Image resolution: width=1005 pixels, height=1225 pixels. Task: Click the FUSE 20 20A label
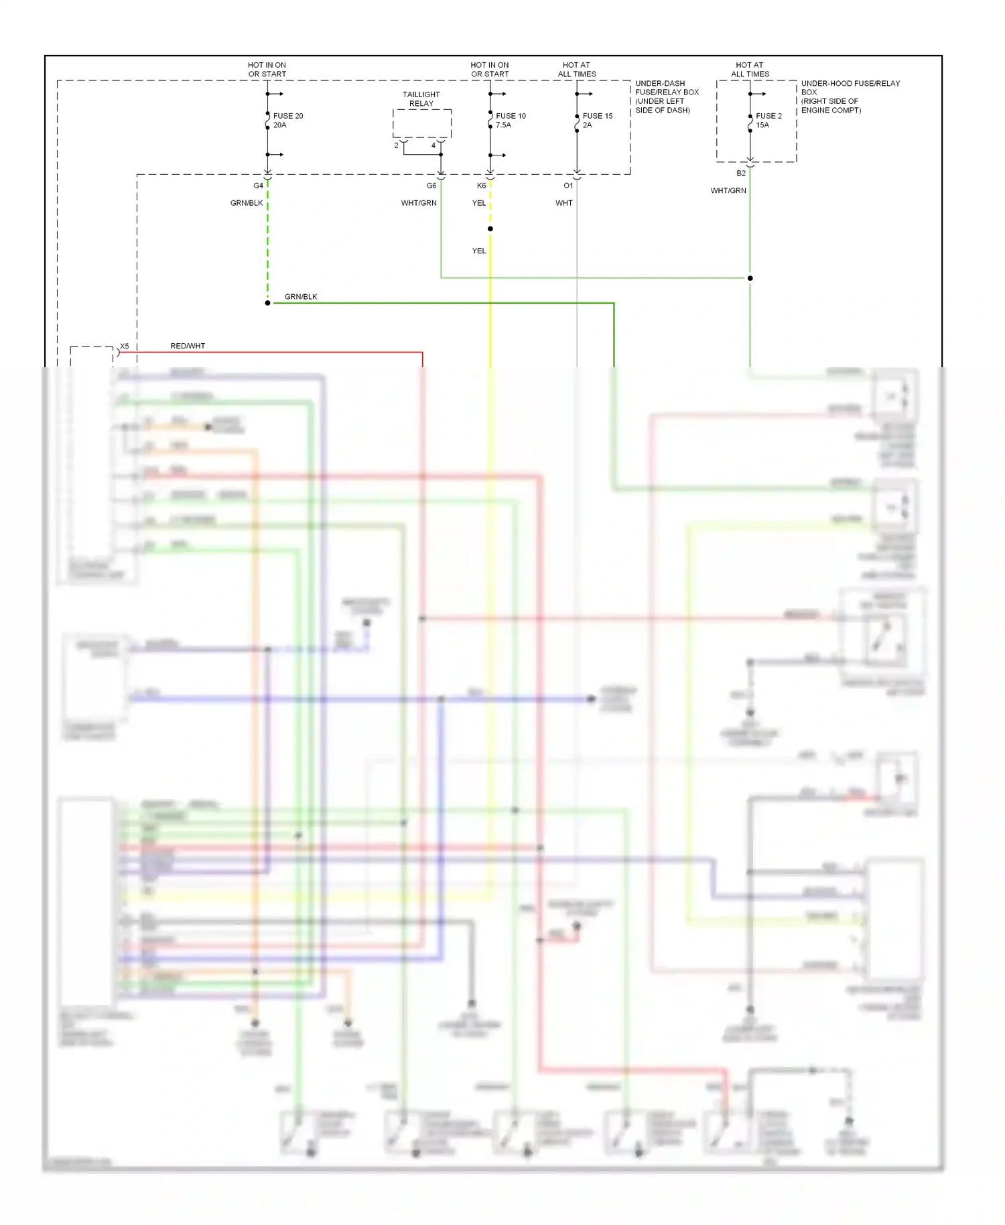click(x=287, y=121)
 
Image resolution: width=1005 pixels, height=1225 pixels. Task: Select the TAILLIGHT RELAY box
click(x=421, y=124)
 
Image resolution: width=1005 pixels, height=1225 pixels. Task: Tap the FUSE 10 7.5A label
click(x=511, y=121)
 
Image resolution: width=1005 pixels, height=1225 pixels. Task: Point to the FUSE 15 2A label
click(x=597, y=121)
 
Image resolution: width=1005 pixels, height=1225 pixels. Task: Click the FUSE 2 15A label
click(x=768, y=121)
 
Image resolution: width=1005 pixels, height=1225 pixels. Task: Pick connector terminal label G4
click(x=258, y=186)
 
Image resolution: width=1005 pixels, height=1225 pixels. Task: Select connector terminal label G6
click(x=431, y=186)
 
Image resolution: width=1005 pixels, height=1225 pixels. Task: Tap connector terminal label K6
click(x=481, y=186)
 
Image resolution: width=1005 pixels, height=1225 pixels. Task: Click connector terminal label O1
click(x=568, y=186)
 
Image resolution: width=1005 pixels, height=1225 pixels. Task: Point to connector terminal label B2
click(x=741, y=174)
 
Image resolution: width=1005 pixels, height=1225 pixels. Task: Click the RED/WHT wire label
click(x=188, y=346)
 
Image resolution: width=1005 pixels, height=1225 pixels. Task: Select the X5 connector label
click(x=124, y=346)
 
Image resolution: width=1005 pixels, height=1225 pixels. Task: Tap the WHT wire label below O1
click(x=564, y=203)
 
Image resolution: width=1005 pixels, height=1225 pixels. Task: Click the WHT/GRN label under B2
click(x=728, y=191)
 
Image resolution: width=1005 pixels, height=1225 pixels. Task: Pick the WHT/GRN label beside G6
click(x=419, y=203)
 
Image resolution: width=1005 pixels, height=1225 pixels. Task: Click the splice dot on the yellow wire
click(x=490, y=229)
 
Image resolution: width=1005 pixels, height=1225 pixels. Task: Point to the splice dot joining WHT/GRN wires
click(x=750, y=278)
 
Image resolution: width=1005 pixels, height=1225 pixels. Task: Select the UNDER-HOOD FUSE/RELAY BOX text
click(x=850, y=96)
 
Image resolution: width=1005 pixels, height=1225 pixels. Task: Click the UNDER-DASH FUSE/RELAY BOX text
click(x=667, y=96)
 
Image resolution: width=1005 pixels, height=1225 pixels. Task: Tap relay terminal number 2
click(x=396, y=145)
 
